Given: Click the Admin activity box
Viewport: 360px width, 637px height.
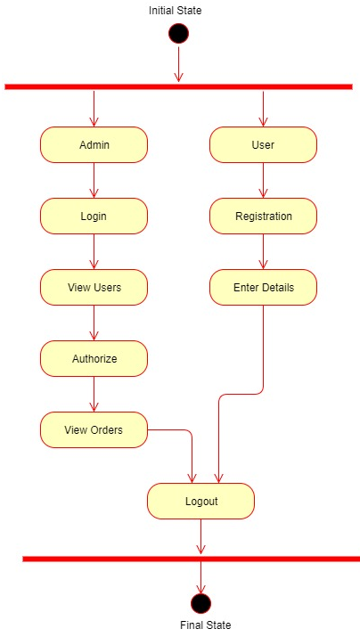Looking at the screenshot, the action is coord(94,145).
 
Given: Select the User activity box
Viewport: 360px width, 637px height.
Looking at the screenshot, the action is coord(263,145).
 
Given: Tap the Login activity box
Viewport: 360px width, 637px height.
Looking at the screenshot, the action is coord(94,216).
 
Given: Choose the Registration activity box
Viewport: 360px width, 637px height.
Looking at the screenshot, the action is coord(263,216).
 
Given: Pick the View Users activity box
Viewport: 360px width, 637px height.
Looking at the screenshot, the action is coord(94,287).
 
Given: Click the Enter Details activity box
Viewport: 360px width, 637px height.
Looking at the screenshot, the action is coord(263,287).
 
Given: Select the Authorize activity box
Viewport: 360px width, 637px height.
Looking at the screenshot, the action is coord(94,359).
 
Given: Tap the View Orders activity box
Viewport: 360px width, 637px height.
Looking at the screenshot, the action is coord(94,429).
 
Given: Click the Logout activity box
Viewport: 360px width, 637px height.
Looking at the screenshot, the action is coord(200,502).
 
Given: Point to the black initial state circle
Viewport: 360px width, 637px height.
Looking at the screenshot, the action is coord(179,33).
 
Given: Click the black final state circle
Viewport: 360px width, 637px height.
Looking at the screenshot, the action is coord(200,603).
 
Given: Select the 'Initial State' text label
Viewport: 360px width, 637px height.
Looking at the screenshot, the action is coord(176,11).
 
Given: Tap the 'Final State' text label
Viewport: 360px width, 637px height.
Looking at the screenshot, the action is coord(206,625).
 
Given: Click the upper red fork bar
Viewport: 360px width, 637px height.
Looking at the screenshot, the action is coord(178,86).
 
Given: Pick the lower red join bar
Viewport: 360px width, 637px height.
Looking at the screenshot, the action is coord(191,559).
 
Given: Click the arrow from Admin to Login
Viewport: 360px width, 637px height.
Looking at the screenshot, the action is coord(94,180).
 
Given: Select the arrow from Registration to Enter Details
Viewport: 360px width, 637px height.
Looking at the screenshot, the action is coord(263,251).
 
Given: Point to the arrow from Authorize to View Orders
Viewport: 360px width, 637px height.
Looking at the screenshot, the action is coord(94,394).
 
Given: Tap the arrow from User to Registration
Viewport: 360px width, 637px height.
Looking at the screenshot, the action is coord(263,180).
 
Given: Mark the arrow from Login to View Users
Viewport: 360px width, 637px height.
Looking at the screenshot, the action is coord(94,251).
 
